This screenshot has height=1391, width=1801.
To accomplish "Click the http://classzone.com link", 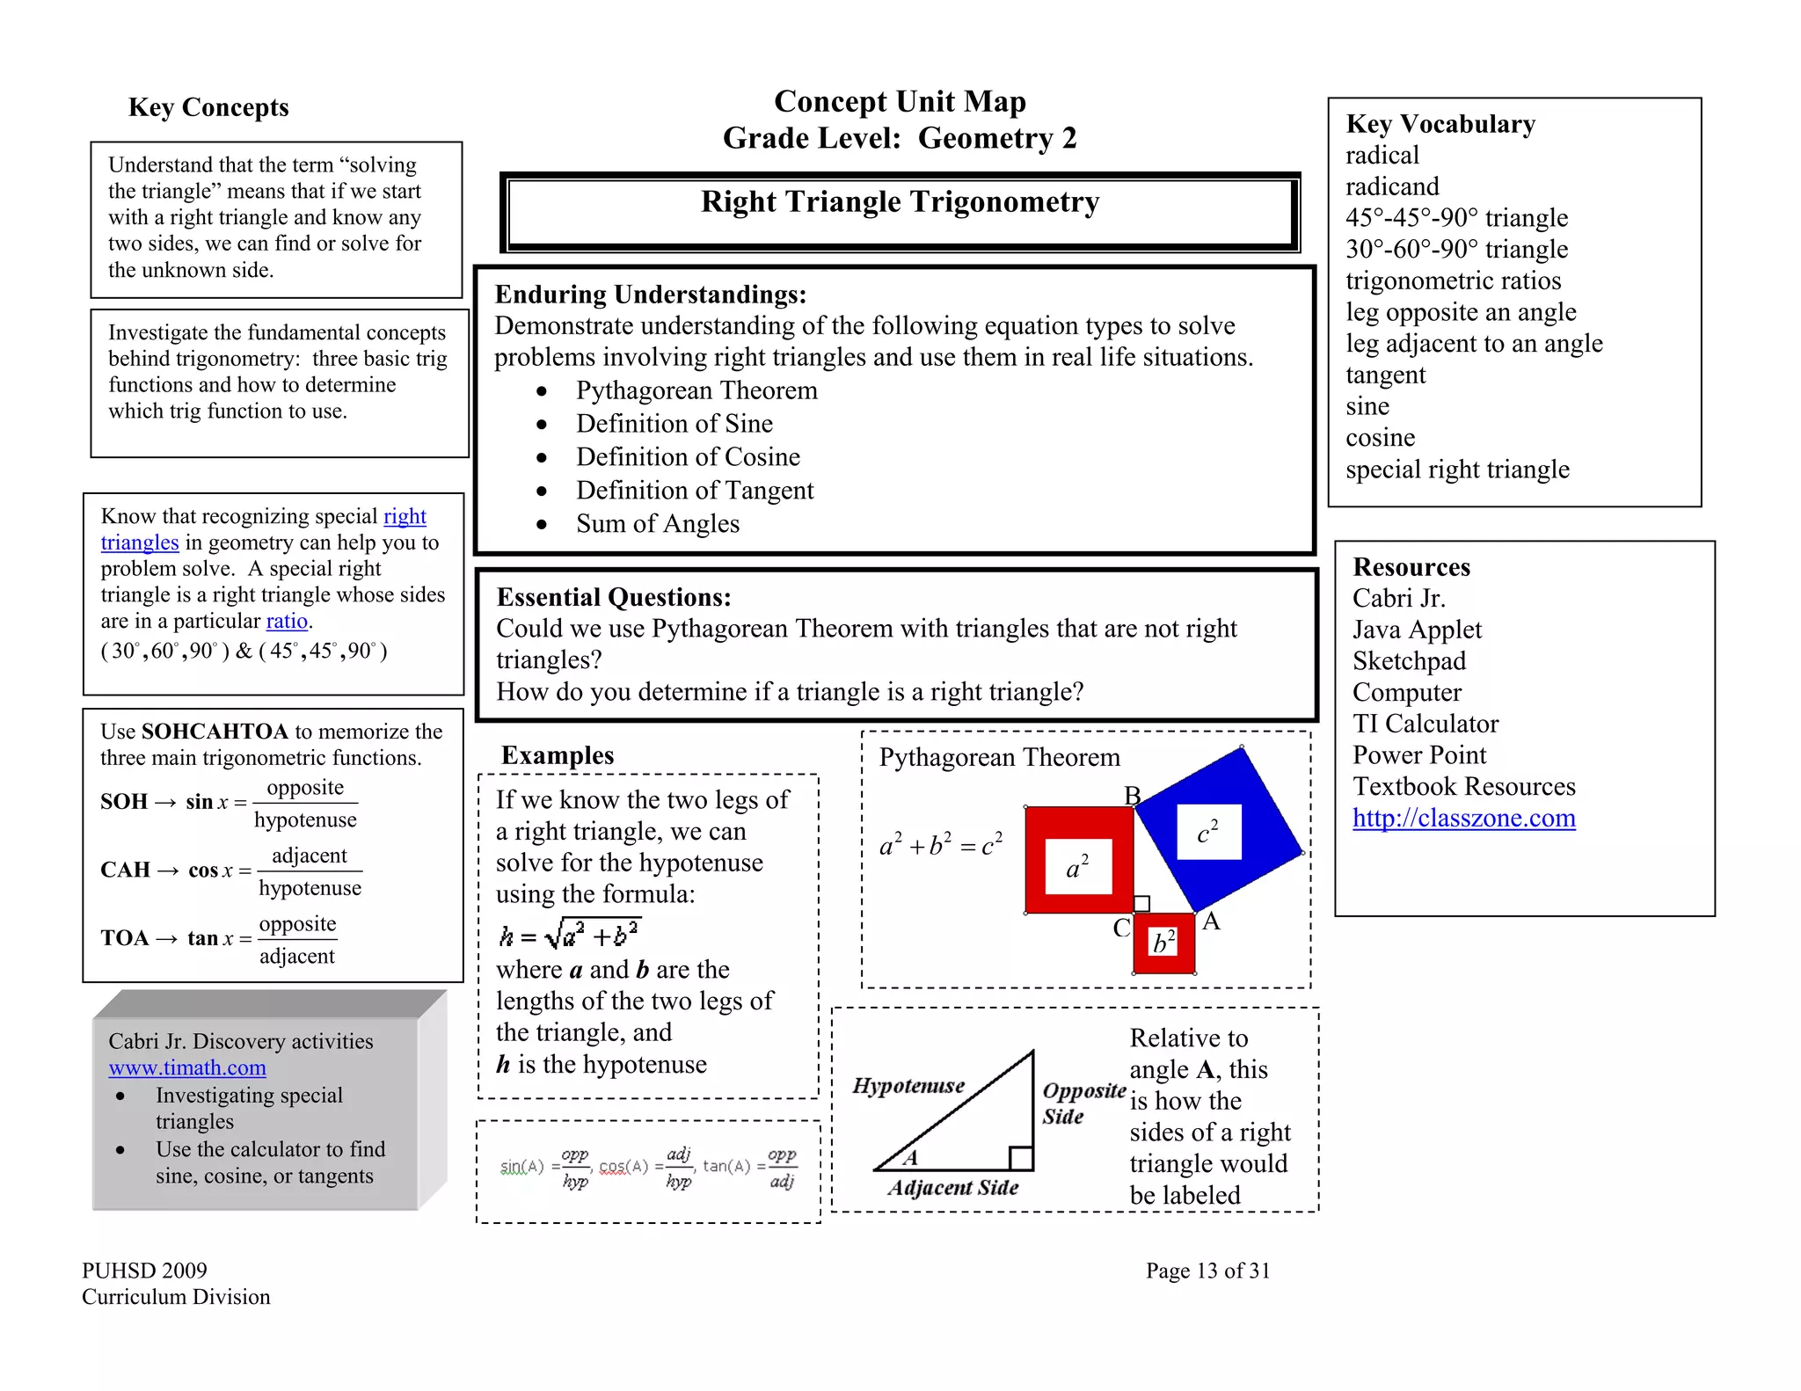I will pyautogui.click(x=1463, y=818).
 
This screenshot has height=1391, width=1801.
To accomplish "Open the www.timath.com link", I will pyautogui.click(x=187, y=1067).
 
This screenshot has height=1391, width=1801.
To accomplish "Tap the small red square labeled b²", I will pyautogui.click(x=1163, y=943).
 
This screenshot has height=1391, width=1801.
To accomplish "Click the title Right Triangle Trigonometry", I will pyautogui.click(x=900, y=202).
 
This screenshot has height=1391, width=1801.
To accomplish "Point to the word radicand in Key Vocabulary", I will pyautogui.click(x=1391, y=186).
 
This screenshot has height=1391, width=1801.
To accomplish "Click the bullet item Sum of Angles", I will pyautogui.click(x=657, y=524).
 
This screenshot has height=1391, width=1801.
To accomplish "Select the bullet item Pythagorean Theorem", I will pyautogui.click(x=696, y=390).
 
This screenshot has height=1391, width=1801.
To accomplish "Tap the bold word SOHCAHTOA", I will pyautogui.click(x=215, y=732).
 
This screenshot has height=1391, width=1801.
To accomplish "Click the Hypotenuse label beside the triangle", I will pyautogui.click(x=908, y=1086).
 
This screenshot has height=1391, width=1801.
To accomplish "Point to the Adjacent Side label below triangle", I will pyautogui.click(x=952, y=1188).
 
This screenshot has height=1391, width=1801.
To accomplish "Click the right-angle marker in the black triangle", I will pyautogui.click(x=1021, y=1158).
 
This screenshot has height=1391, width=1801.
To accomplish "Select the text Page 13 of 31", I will pyautogui.click(x=1207, y=1271).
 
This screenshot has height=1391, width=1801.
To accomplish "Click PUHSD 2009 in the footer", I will pyautogui.click(x=144, y=1271).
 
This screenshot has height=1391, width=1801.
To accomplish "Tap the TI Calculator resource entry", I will pyautogui.click(x=1425, y=724).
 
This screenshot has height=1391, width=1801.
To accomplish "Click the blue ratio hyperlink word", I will pyautogui.click(x=287, y=621).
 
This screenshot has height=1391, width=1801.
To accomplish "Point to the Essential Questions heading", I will pyautogui.click(x=613, y=598).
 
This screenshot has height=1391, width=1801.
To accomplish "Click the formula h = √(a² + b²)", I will pyautogui.click(x=570, y=935).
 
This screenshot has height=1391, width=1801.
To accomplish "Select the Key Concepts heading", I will pyautogui.click(x=208, y=107).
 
